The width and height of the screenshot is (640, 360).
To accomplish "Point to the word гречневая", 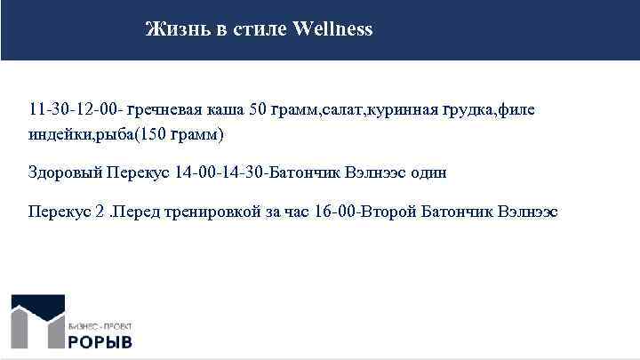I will tap(165, 110).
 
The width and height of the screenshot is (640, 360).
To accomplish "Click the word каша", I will tap(226, 110).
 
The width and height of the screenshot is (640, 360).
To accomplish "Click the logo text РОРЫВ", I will tap(101, 341).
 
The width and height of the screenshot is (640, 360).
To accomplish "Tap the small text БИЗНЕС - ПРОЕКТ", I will tap(101, 326).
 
